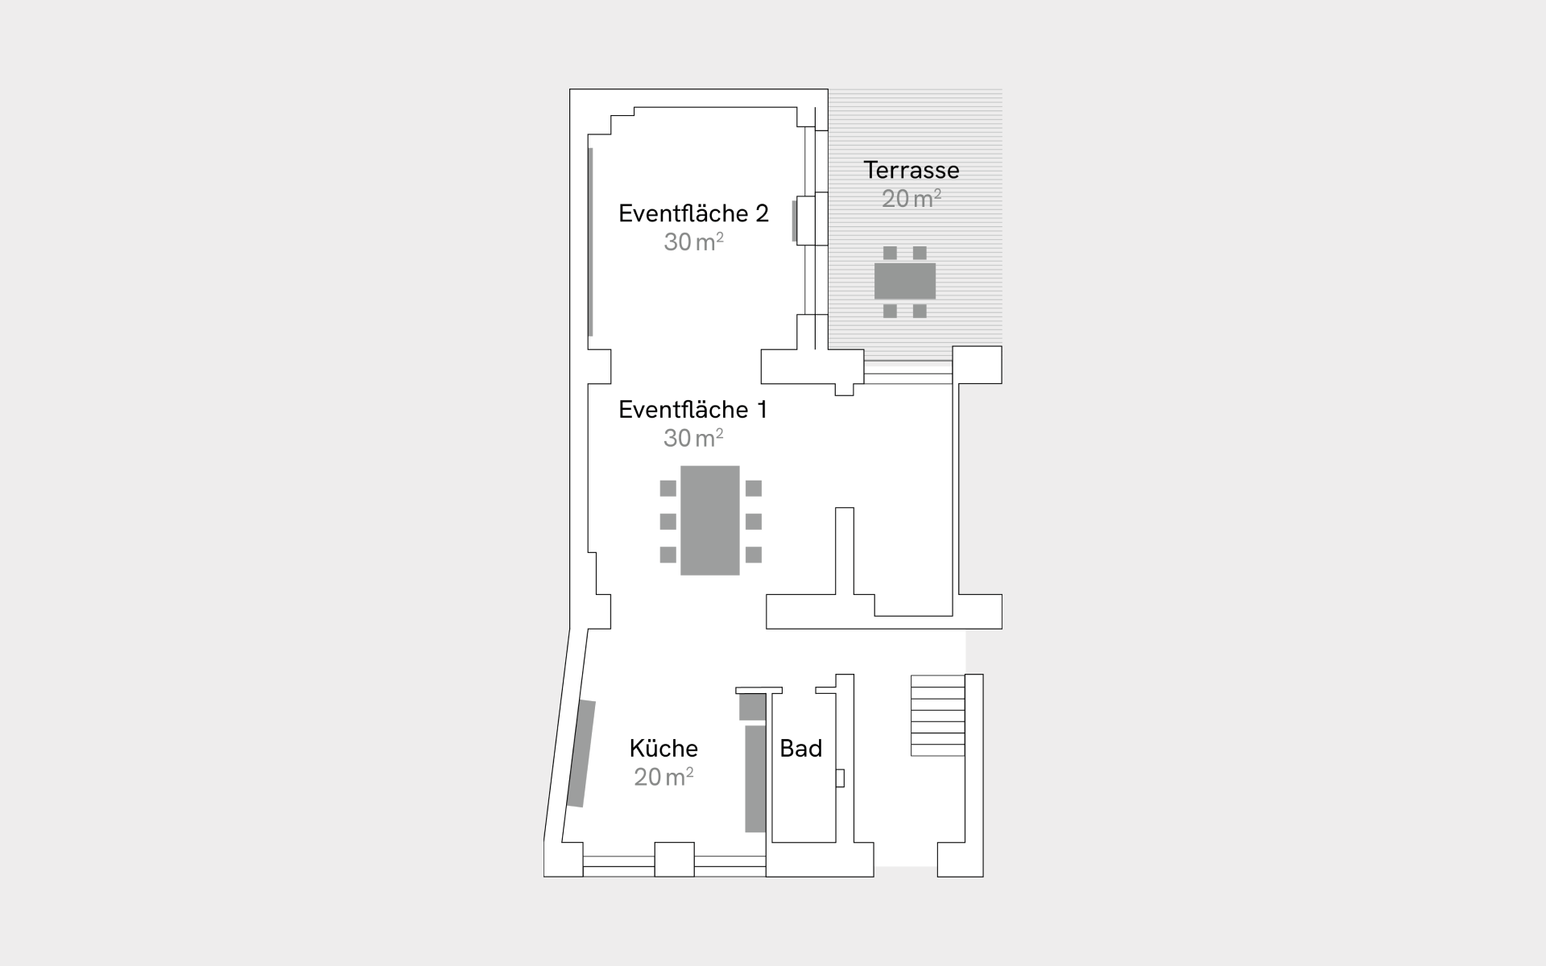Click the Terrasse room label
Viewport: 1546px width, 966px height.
[911, 170]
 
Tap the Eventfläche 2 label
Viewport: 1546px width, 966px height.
[693, 213]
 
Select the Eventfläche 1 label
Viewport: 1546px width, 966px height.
[692, 410]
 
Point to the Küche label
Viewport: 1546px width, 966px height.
[663, 748]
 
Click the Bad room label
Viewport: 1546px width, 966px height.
[801, 749]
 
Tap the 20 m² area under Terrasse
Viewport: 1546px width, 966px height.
[911, 198]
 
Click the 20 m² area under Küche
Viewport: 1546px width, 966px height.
[663, 777]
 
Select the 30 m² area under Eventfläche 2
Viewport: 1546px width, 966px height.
[693, 242]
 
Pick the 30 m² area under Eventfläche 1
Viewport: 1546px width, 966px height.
[693, 438]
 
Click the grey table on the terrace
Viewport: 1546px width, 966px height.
[905, 281]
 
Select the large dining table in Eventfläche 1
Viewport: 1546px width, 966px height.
[710, 520]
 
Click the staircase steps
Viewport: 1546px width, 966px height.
[938, 716]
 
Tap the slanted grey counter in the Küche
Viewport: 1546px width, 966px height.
[581, 753]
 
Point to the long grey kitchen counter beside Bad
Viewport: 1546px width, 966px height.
[755, 778]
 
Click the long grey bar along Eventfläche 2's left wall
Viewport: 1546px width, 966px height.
[590, 242]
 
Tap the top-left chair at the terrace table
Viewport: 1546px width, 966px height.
[890, 253]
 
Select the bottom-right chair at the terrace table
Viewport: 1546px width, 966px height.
[920, 311]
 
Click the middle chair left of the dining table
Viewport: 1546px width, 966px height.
[668, 522]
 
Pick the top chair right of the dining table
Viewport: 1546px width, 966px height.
[754, 488]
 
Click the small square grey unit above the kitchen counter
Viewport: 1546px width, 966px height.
[753, 707]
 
